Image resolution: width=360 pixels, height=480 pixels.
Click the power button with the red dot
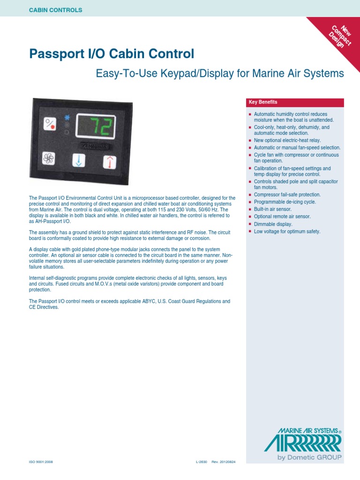pyautogui.click(x=50, y=124)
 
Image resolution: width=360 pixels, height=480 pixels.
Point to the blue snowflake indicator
pyautogui.click(x=67, y=117)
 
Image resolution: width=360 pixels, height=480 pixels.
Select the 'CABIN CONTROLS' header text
pyautogui.click(x=56, y=10)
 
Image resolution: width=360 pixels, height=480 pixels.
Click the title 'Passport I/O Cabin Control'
pyautogui.click(x=112, y=54)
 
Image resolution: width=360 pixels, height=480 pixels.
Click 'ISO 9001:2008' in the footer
pyautogui.click(x=41, y=462)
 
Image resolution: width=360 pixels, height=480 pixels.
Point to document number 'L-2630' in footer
pyautogui.click(x=201, y=462)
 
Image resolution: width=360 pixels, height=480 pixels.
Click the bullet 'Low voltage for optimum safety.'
pyautogui.click(x=287, y=232)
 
